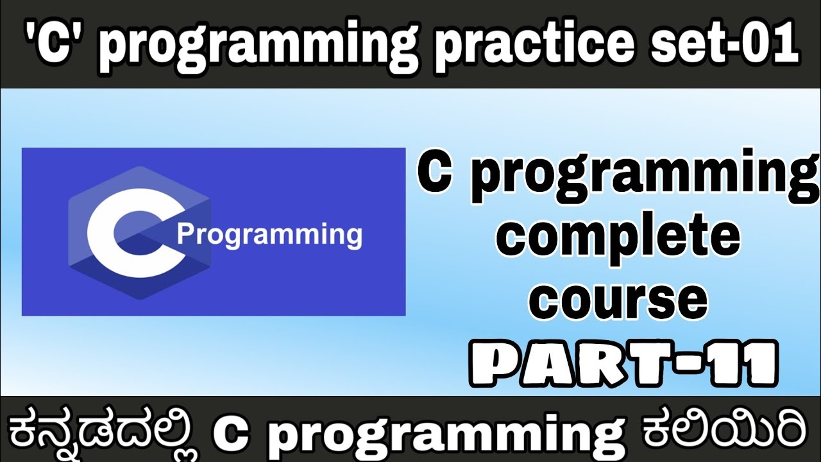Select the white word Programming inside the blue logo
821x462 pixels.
point(269,235)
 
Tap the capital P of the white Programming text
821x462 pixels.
point(185,234)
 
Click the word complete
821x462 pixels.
point(620,240)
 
